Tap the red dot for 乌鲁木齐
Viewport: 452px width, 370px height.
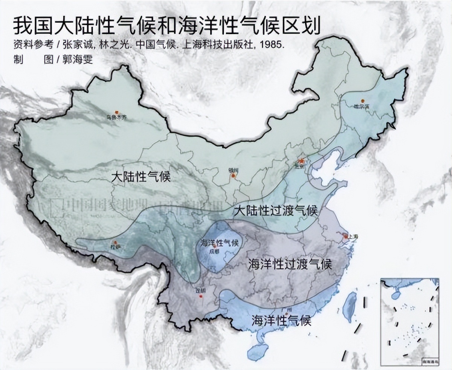coord(116,112)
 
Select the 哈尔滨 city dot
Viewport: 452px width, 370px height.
coord(362,101)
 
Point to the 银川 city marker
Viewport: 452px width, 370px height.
coord(234,175)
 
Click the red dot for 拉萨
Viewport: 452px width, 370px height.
coord(115,243)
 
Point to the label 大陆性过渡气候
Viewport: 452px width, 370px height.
coord(275,211)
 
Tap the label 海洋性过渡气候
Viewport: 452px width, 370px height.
coord(290,265)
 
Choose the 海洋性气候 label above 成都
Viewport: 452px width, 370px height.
coord(220,243)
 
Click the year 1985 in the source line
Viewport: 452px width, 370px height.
coord(270,44)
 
